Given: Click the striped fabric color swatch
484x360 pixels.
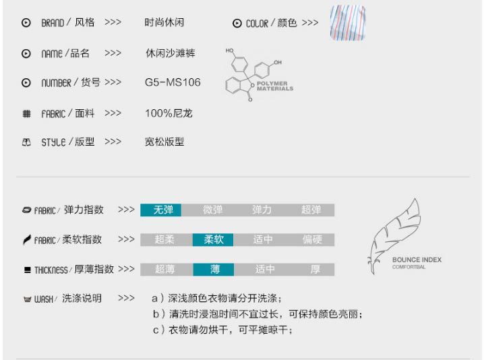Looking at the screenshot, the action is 347,24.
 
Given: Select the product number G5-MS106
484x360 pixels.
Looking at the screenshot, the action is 173,83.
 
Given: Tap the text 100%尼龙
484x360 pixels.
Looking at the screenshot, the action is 169,113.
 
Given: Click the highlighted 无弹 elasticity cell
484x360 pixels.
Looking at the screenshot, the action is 163,210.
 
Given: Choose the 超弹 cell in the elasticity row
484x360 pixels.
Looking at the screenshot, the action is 311,210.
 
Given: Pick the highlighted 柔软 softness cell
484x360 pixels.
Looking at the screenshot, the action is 214,239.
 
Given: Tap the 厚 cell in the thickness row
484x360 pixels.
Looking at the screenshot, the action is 315,269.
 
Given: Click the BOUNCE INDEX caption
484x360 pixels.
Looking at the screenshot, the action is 417,260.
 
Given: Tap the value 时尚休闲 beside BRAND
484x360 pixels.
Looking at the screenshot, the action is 164,22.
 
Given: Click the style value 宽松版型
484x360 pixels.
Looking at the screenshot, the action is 164,142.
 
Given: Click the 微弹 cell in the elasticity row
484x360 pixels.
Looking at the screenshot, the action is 213,210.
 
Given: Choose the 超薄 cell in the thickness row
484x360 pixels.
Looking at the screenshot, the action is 164,269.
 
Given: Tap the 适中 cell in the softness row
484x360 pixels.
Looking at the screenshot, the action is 263,239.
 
